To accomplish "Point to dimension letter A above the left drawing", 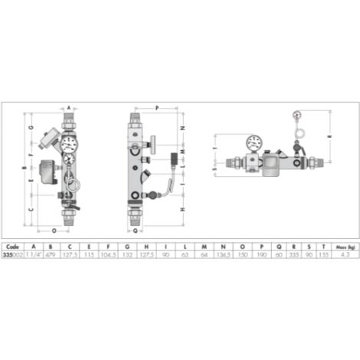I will click(68, 107).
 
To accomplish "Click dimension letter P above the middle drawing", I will click(156, 107).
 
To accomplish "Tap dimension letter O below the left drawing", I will click(54, 228).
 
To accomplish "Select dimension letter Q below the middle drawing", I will click(135, 228).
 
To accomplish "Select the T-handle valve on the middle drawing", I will click(152, 142).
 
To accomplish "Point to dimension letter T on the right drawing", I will click(215, 148).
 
